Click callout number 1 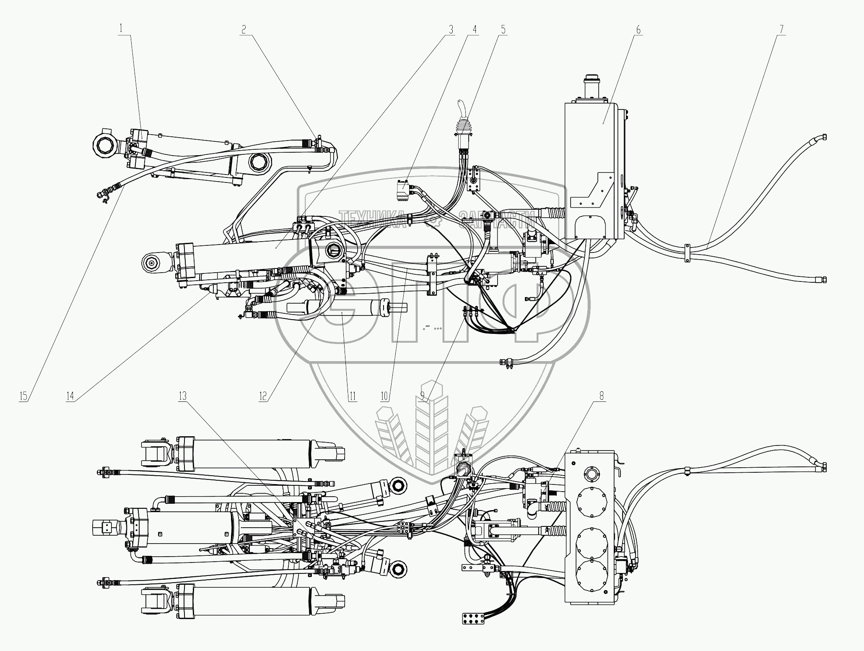coord(122,29)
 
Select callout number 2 coord(244,29)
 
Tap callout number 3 coord(451,29)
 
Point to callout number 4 coord(475,29)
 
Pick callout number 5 coord(503,29)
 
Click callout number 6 coord(638,29)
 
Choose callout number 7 coord(781,29)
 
